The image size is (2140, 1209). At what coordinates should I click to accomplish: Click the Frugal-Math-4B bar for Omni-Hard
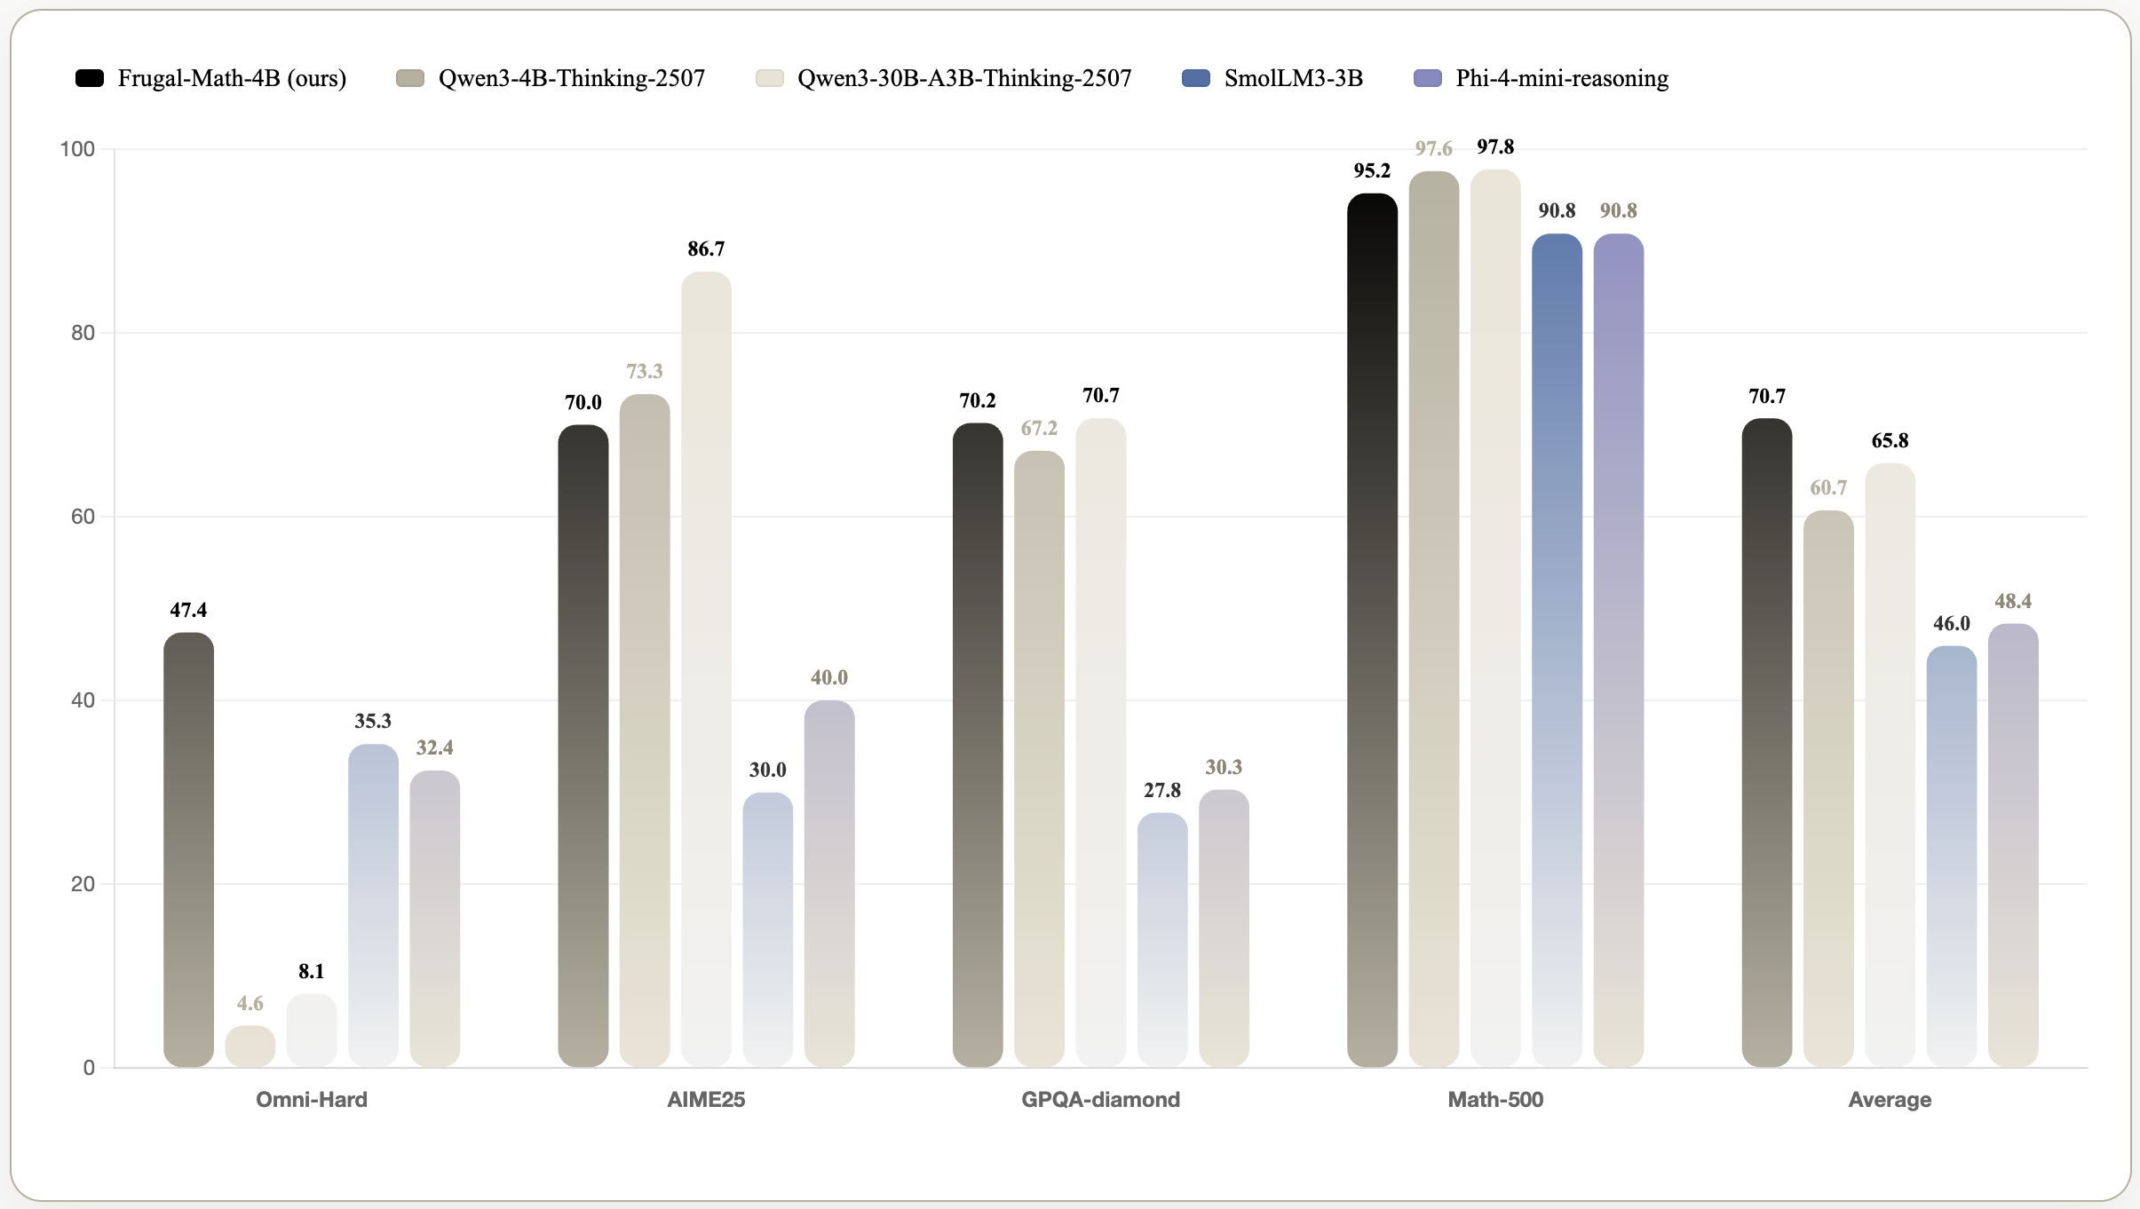[188, 849]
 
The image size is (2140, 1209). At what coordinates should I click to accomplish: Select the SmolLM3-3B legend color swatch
[1196, 78]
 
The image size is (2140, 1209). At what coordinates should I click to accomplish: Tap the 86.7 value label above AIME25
[706, 249]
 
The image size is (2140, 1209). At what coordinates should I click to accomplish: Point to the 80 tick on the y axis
[83, 333]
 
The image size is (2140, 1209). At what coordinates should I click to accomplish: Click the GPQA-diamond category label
[1100, 1100]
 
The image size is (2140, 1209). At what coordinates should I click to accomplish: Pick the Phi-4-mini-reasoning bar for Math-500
[1618, 650]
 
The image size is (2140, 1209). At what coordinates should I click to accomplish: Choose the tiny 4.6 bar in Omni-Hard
[250, 1047]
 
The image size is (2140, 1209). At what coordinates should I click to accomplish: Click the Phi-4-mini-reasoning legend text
[1562, 78]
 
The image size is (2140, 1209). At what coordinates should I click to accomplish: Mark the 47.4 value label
[188, 611]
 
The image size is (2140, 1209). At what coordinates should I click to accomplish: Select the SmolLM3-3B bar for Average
[1951, 856]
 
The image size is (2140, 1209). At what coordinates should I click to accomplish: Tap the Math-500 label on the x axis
[1495, 1100]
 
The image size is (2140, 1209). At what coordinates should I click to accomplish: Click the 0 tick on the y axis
[89, 1068]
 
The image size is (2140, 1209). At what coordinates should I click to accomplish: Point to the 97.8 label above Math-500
[1495, 147]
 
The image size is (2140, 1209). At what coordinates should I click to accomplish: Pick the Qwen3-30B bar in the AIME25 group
[706, 669]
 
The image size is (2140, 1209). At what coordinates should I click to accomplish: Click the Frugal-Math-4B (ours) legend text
[232, 78]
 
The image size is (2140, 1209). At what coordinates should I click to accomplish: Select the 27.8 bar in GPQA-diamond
[1161, 939]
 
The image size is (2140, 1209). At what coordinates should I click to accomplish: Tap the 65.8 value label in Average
[1890, 441]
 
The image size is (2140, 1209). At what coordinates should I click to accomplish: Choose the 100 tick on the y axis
[77, 149]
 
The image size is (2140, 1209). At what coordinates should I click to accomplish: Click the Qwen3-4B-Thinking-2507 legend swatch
[410, 78]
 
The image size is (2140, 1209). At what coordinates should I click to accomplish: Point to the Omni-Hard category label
[312, 1100]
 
